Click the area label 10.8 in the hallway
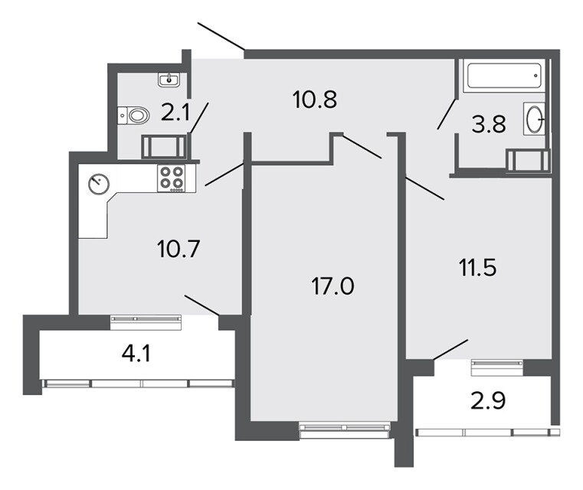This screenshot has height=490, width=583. click(x=315, y=100)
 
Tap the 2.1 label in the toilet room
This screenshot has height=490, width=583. click(x=175, y=113)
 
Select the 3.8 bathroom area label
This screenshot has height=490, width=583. click(x=489, y=125)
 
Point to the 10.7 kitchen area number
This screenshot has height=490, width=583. click(x=179, y=249)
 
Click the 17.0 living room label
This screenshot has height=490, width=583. click(x=332, y=286)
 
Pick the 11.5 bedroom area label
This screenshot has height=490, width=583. click(x=478, y=267)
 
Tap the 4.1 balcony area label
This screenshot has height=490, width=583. click(x=136, y=353)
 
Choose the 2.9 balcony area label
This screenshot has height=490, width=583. click(x=488, y=400)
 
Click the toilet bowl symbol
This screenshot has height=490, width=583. click(x=133, y=115)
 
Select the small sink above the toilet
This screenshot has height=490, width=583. click(x=169, y=80)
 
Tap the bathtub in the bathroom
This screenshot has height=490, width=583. click(x=503, y=76)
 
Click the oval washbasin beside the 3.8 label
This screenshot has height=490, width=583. click(x=534, y=119)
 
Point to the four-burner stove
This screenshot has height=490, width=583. click(x=172, y=178)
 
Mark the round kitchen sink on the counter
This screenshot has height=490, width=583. click(x=99, y=184)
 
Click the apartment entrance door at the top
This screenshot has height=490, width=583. click(x=221, y=36)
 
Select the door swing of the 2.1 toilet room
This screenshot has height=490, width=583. click(x=199, y=118)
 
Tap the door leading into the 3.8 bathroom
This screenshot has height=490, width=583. click(x=447, y=114)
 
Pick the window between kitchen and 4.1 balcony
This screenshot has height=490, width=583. click(x=146, y=322)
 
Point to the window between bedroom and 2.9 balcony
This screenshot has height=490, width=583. click(x=497, y=367)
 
